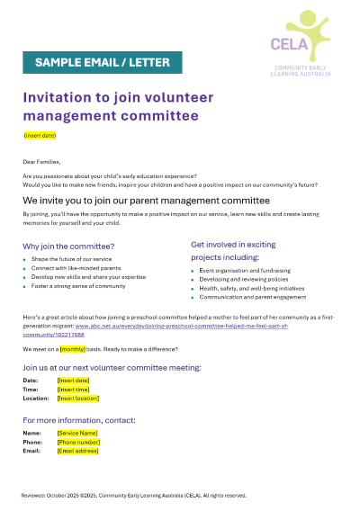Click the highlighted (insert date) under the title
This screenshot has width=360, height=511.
coord(40,135)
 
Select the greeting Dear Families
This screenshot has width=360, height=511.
coord(42,161)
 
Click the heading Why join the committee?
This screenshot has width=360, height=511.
coord(68,246)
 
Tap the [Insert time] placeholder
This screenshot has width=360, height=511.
coord(73,389)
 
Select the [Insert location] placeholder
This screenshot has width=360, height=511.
coord(77,398)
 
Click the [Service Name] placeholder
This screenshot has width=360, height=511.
coord(76,433)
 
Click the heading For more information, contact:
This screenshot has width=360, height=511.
coord(79,420)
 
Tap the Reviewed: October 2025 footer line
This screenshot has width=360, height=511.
coord(133,495)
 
